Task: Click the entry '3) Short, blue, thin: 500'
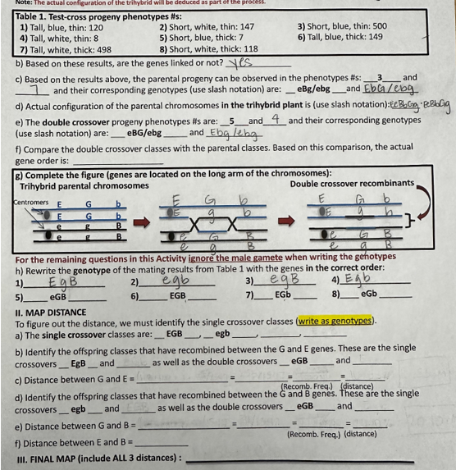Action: [x=342, y=25]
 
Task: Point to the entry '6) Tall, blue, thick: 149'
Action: [x=341, y=37]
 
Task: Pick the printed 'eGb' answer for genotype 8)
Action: [x=369, y=294]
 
